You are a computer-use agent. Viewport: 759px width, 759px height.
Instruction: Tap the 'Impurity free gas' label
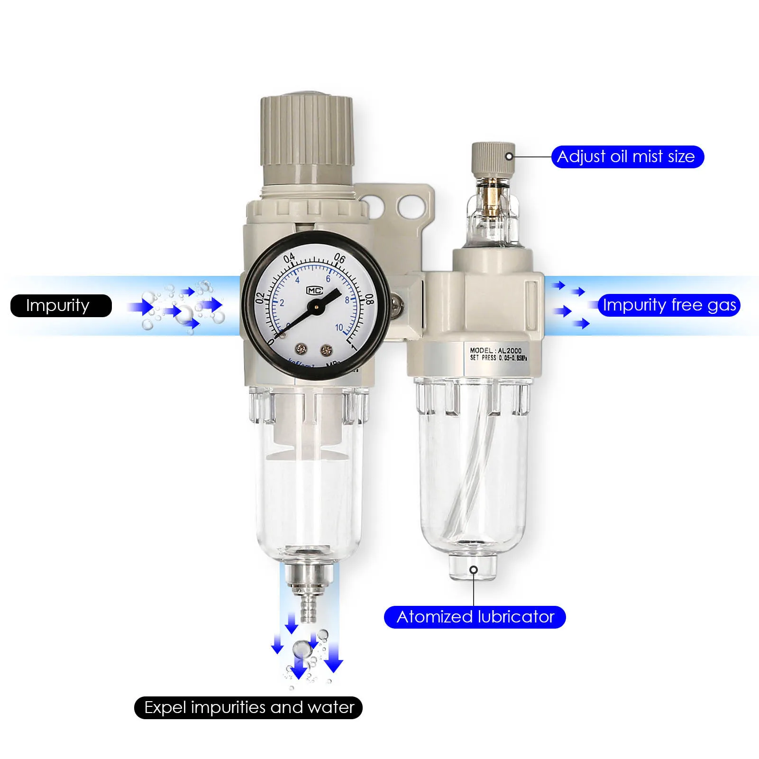[668, 305]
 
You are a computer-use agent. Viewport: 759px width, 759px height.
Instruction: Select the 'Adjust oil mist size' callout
[627, 157]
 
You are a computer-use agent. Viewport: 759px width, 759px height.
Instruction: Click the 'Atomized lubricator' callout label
[475, 617]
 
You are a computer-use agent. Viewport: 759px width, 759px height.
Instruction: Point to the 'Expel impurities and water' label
[248, 707]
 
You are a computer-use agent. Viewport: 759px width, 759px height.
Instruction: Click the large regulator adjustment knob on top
[306, 137]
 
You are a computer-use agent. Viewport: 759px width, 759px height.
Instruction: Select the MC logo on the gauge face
[314, 290]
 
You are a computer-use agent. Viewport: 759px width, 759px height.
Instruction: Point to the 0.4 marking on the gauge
[289, 258]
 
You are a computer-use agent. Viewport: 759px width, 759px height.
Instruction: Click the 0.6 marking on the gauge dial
[340, 258]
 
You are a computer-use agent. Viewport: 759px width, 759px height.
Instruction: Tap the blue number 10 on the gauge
[339, 328]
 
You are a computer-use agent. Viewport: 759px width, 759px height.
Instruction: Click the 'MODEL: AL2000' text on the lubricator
[495, 350]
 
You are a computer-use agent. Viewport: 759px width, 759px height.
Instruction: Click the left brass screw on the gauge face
[301, 349]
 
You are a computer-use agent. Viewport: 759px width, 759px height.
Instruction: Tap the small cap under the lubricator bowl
[473, 567]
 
